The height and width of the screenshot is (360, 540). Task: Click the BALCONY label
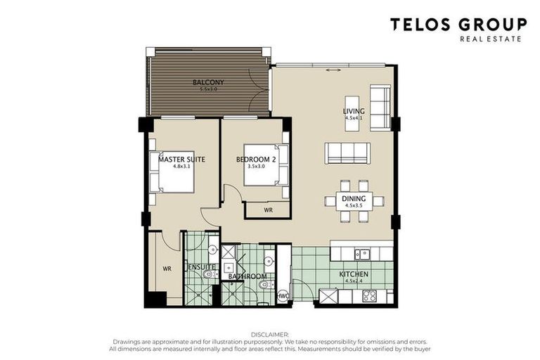208,83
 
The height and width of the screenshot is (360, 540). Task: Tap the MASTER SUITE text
181,160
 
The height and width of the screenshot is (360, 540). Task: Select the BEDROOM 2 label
255,160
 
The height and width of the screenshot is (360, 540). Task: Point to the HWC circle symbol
283,295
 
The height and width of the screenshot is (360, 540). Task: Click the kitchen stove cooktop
369,295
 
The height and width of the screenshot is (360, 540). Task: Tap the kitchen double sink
361,254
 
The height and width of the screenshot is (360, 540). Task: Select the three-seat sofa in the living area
347,153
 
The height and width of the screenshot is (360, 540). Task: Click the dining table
354,201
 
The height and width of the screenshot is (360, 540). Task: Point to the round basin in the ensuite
212,248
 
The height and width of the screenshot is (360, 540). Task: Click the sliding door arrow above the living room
333,70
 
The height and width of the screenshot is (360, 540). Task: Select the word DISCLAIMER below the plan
270,334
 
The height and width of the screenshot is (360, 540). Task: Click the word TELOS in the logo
423,25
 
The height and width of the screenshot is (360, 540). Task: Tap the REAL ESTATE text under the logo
491,39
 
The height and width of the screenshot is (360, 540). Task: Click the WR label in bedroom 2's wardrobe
267,210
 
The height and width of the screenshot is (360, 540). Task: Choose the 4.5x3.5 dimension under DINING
354,206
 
